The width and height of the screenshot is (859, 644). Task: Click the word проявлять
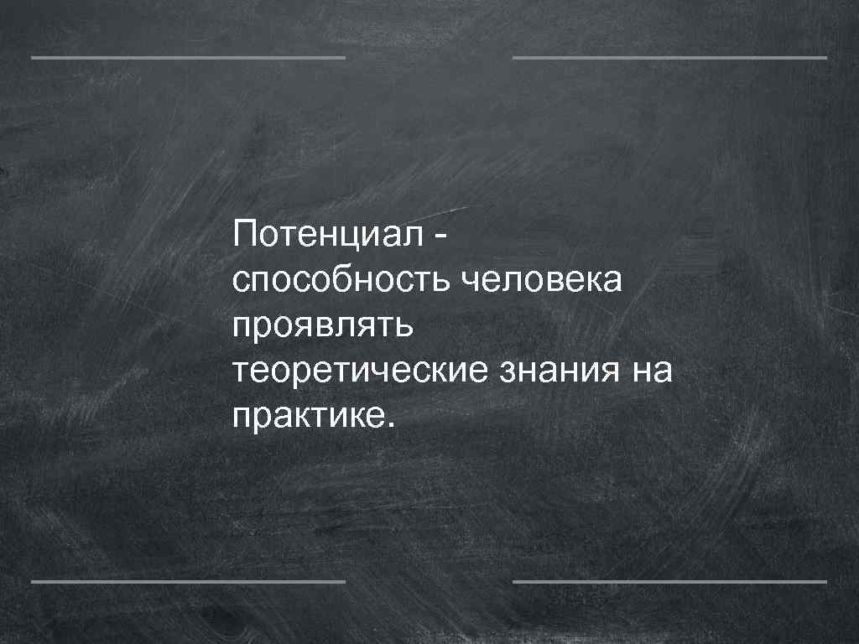(323, 325)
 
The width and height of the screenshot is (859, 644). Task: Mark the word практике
(306, 414)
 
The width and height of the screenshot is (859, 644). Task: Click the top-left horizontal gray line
(188, 58)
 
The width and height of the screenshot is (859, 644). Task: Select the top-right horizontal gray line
(669, 58)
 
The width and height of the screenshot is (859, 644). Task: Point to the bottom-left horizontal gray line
(188, 580)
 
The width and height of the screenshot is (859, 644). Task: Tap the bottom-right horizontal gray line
(669, 580)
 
